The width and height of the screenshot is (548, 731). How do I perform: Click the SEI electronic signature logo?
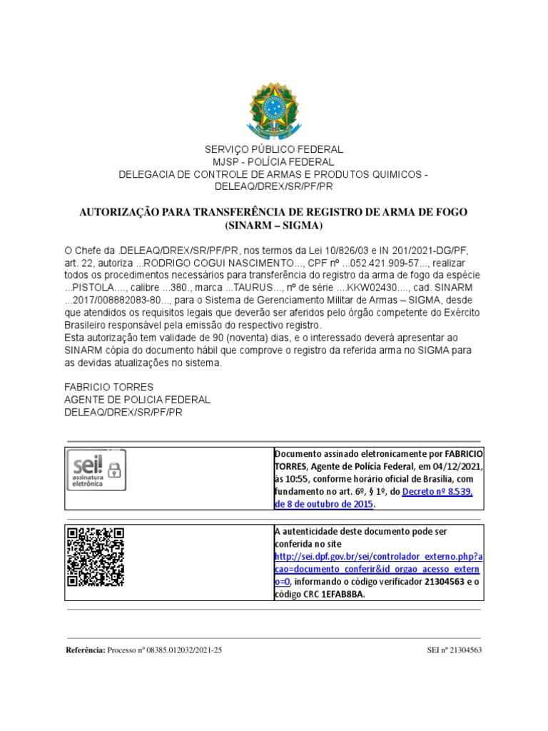(x=96, y=470)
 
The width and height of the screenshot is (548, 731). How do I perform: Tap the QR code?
(x=96, y=556)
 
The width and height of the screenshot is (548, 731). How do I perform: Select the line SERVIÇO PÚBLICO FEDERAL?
(x=274, y=149)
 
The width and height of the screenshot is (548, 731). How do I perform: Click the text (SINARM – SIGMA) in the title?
(x=273, y=226)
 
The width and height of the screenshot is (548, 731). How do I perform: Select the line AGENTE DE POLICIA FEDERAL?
(x=137, y=400)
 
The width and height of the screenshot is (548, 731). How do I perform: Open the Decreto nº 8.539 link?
(x=437, y=492)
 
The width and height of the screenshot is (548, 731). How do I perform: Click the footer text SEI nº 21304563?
(x=454, y=650)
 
